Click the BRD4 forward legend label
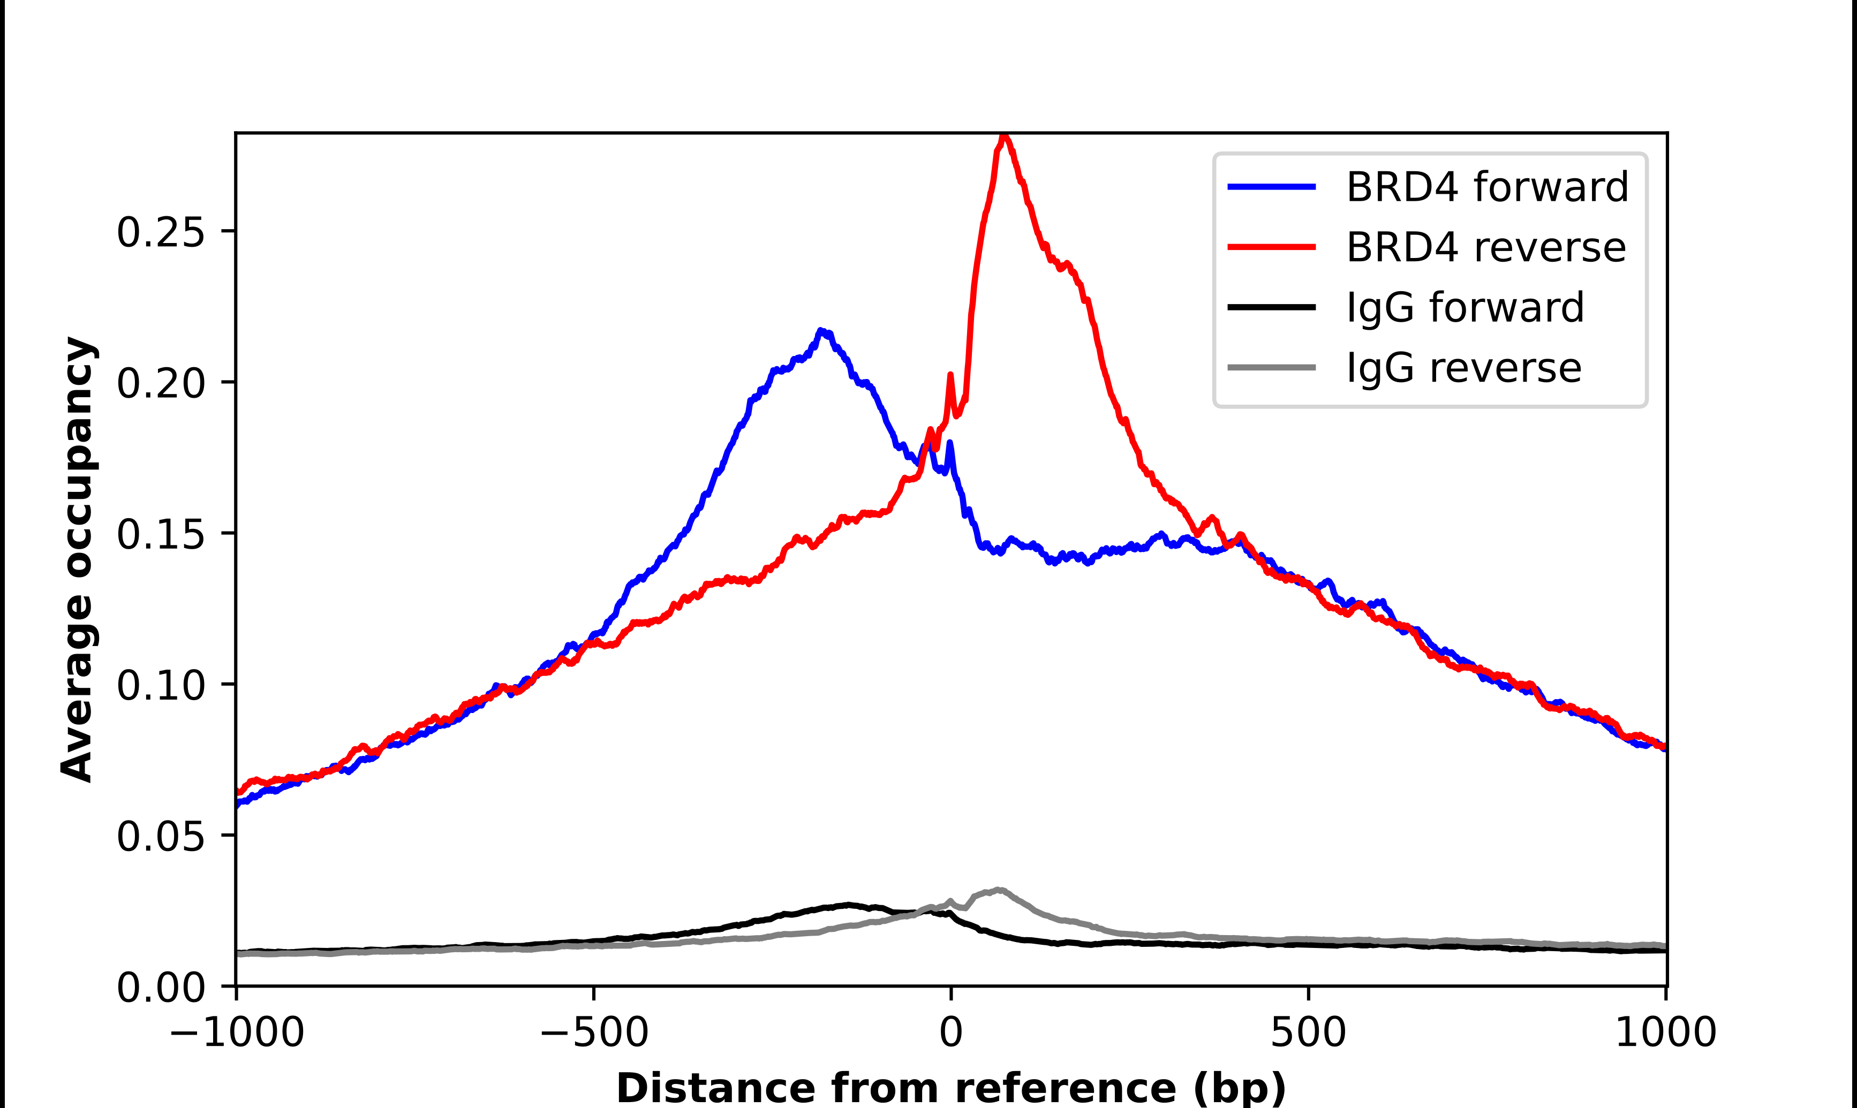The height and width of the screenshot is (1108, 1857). coord(1486,187)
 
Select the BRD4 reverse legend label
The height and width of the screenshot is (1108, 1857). coord(1485,247)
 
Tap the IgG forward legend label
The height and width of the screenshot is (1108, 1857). coord(1465,308)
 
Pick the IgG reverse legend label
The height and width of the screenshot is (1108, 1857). coord(1463,368)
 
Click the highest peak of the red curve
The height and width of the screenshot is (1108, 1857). coord(1005,136)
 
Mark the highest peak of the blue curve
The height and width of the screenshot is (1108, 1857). coord(821,331)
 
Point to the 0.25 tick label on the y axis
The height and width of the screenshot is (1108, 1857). coord(161,232)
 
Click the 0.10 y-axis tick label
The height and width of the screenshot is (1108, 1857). coord(161,685)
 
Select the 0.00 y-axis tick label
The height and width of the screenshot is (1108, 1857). coord(161,987)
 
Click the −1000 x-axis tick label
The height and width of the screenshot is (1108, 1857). coord(237,1033)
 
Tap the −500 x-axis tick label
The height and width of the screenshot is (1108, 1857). coord(594,1033)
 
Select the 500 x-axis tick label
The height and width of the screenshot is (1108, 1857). coord(1308,1033)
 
